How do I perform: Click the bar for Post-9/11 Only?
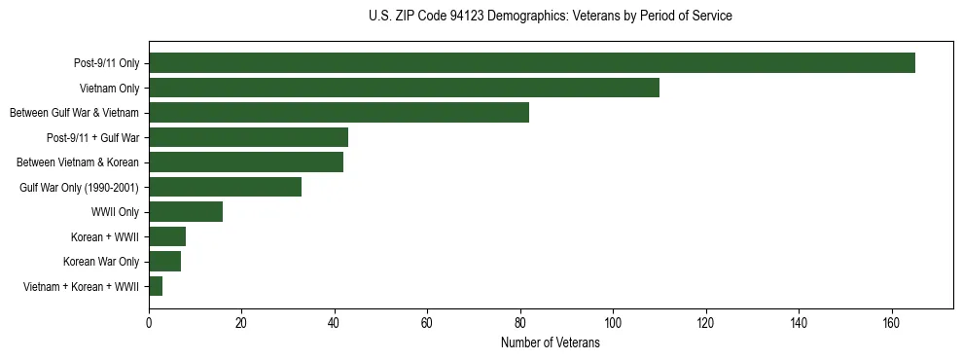click(x=532, y=63)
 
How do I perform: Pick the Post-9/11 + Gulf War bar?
click(x=248, y=137)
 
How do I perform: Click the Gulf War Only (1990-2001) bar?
click(x=225, y=187)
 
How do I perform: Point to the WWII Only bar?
click(x=186, y=212)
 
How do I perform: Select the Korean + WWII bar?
click(x=167, y=236)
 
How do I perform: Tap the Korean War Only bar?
click(x=164, y=262)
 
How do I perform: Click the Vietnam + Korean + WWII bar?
click(x=156, y=286)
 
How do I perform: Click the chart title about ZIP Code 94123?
click(x=551, y=17)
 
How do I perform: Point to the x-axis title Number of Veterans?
click(x=551, y=343)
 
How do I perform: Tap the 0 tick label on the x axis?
click(x=149, y=324)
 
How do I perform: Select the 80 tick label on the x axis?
click(x=520, y=324)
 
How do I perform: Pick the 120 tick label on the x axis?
click(x=705, y=324)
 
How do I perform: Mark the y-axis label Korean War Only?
click(x=101, y=262)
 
